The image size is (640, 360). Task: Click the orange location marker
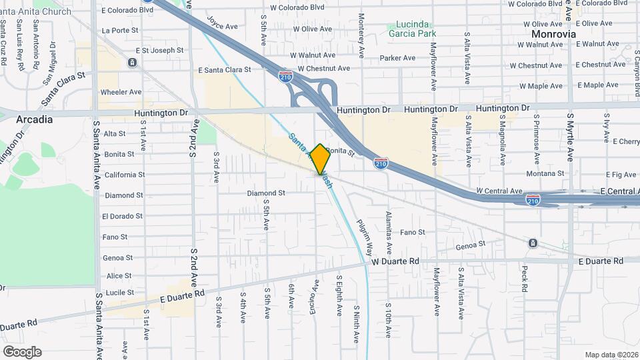[x=321, y=159]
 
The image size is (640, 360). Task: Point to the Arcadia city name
[x=34, y=120]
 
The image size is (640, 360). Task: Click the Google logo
[x=22, y=351]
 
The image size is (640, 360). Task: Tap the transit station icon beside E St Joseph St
[x=133, y=63]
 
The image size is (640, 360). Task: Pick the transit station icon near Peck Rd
[x=533, y=243]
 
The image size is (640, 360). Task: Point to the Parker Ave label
[x=397, y=58]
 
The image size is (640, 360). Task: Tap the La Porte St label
[x=120, y=31]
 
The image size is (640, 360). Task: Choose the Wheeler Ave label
[x=121, y=92]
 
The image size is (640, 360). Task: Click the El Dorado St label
[x=122, y=216]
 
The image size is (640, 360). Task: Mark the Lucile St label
[x=120, y=293]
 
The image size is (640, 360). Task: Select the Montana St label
[x=545, y=173]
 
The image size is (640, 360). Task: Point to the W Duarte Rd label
[x=395, y=262]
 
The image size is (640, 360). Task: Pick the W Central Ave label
[x=500, y=191]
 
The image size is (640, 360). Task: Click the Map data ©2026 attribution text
[x=611, y=355]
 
